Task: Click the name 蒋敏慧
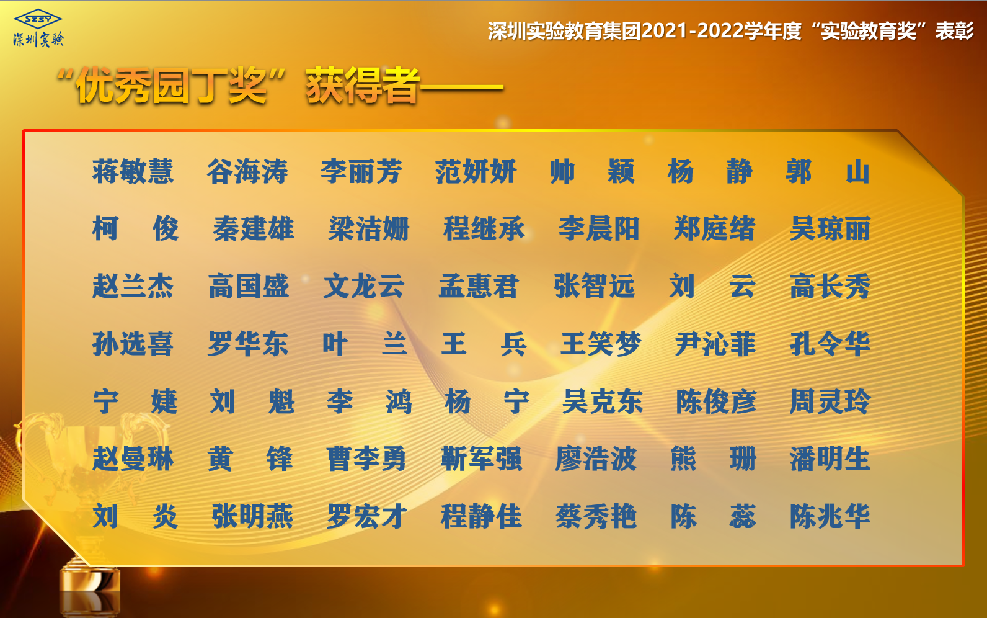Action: tap(133, 171)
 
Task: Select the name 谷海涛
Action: tap(247, 171)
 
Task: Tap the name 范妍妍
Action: tap(476, 171)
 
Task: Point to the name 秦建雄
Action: tap(254, 228)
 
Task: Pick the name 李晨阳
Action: tap(600, 228)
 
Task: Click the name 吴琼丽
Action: tap(830, 228)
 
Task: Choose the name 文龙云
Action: tap(363, 286)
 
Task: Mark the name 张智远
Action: tap(595, 286)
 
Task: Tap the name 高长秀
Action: tap(830, 286)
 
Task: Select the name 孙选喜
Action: tap(133, 344)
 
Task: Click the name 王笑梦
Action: tap(601, 344)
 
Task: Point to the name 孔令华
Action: tap(830, 344)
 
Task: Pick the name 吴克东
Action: tap(603, 401)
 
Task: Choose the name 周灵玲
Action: tap(830, 401)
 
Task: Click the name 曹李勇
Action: tap(366, 459)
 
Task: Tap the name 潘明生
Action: tap(830, 459)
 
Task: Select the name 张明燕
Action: tap(252, 516)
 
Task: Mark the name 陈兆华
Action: tap(830, 516)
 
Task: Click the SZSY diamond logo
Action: tap(38, 19)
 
